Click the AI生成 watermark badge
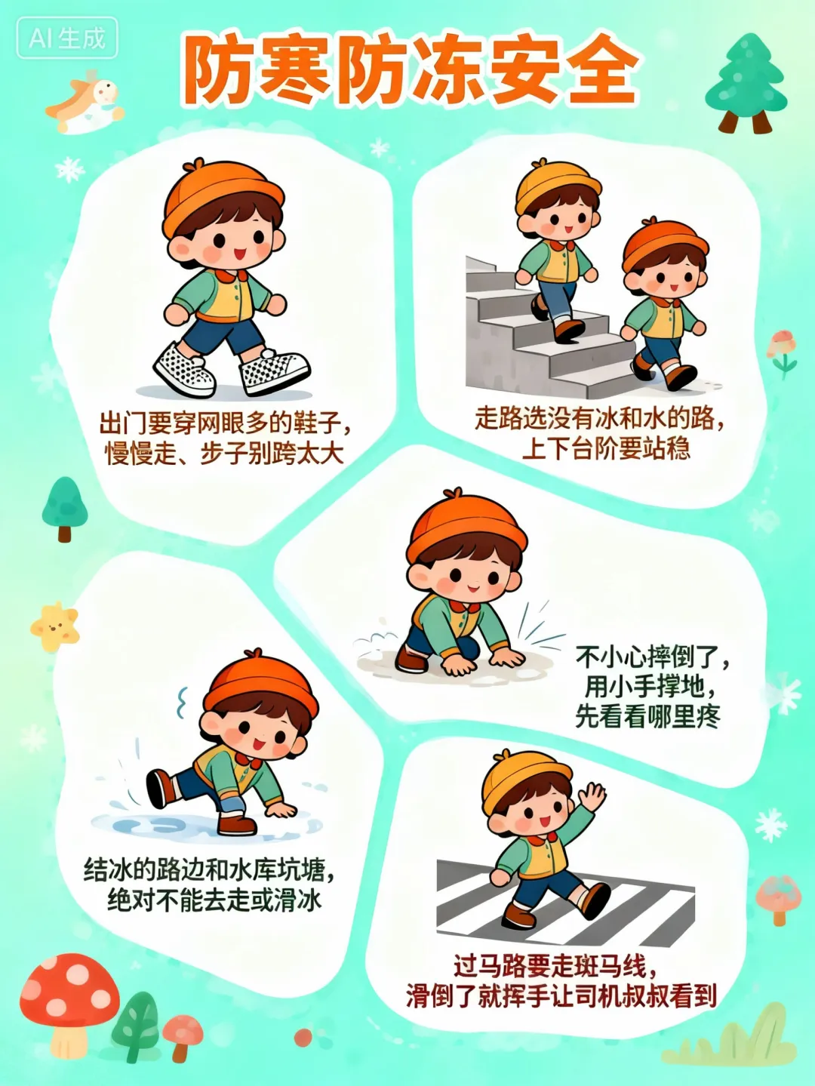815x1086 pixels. [66, 38]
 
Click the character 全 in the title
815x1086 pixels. [600, 69]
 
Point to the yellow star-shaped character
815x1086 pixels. [54, 626]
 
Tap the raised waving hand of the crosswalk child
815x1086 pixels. [592, 796]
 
